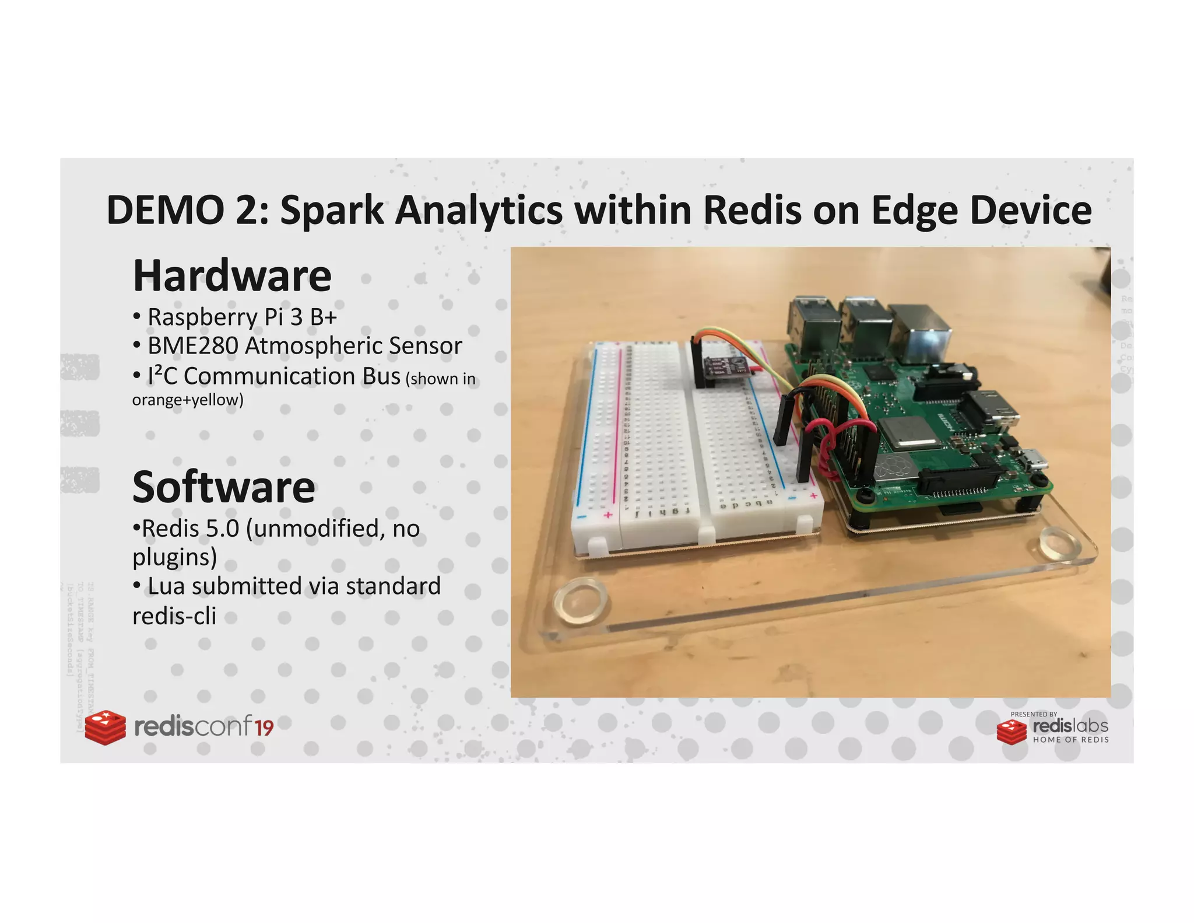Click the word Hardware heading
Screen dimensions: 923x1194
pyautogui.click(x=232, y=276)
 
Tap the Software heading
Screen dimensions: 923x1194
pyautogui.click(x=223, y=487)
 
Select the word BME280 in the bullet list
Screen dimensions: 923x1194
pyautogui.click(x=192, y=346)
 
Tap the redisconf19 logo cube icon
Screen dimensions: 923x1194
pyautogui.click(x=105, y=727)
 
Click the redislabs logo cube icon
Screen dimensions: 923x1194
pyautogui.click(x=1011, y=732)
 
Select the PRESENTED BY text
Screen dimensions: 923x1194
pyautogui.click(x=1033, y=714)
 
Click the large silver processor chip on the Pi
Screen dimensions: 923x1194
pyautogui.click(x=907, y=434)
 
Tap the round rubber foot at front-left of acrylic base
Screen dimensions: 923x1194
pyautogui.click(x=580, y=601)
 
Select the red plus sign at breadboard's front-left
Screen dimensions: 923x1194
pyautogui.click(x=607, y=515)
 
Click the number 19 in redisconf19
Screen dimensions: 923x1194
pyautogui.click(x=264, y=728)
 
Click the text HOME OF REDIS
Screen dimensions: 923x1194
pyautogui.click(x=1070, y=740)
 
